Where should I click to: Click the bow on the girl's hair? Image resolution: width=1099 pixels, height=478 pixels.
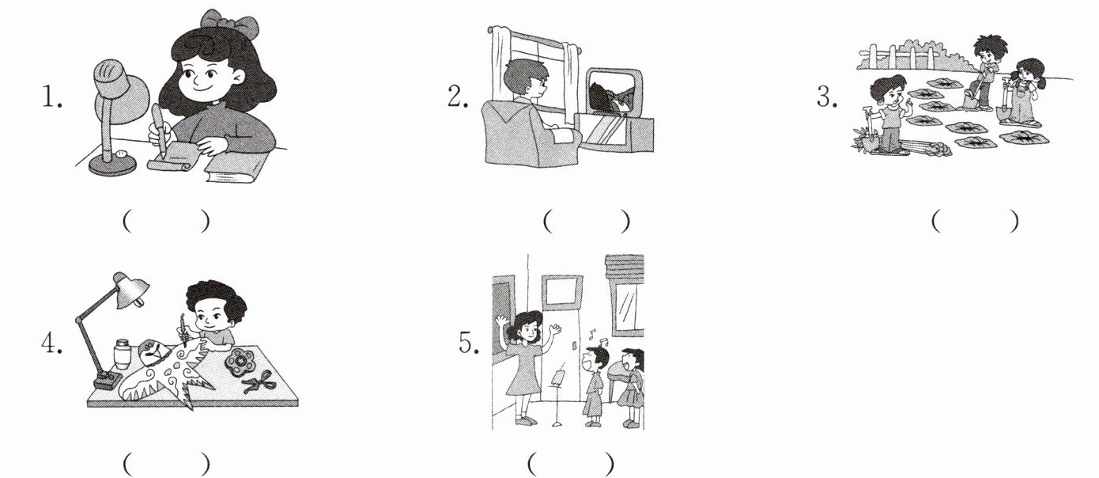coord(228,25)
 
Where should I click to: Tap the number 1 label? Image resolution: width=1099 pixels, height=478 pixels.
coord(51,97)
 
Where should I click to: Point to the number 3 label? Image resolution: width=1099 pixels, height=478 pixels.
coord(827,97)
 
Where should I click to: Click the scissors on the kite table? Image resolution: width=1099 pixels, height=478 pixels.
coord(257,382)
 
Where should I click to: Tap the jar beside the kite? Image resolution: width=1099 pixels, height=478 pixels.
coord(121,353)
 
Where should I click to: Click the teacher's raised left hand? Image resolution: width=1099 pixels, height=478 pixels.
coord(555,328)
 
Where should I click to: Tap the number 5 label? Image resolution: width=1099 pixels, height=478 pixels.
coord(469,343)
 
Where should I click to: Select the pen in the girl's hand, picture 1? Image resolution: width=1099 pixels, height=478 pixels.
coord(160,130)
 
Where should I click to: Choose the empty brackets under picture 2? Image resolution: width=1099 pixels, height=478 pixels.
coord(587,222)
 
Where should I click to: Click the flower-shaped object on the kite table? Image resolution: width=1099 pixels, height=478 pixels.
coord(240,362)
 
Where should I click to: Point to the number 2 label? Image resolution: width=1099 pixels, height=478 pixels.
coord(458,97)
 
